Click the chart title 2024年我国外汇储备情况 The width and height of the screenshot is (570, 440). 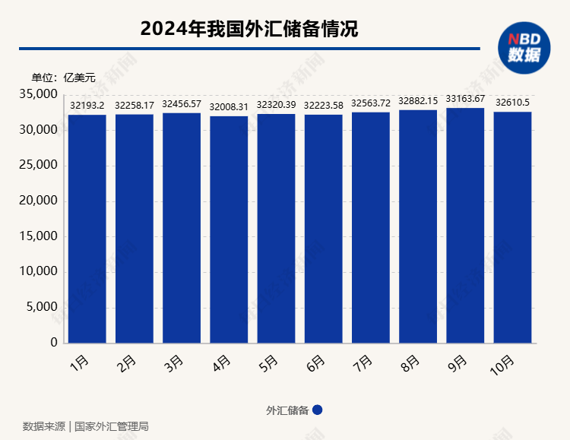[x=249, y=29]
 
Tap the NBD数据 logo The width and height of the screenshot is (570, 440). [x=524, y=47]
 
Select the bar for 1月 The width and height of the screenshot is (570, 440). [x=87, y=228]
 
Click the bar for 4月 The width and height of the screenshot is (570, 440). [x=229, y=229]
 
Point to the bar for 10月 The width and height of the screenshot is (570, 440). [x=512, y=227]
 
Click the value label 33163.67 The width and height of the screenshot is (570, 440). [x=465, y=99]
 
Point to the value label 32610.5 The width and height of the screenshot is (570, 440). [x=512, y=103]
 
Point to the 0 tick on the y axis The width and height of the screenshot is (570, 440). [x=54, y=343]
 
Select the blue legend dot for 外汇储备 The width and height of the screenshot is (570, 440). [x=318, y=410]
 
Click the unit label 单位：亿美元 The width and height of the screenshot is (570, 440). [x=64, y=77]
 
